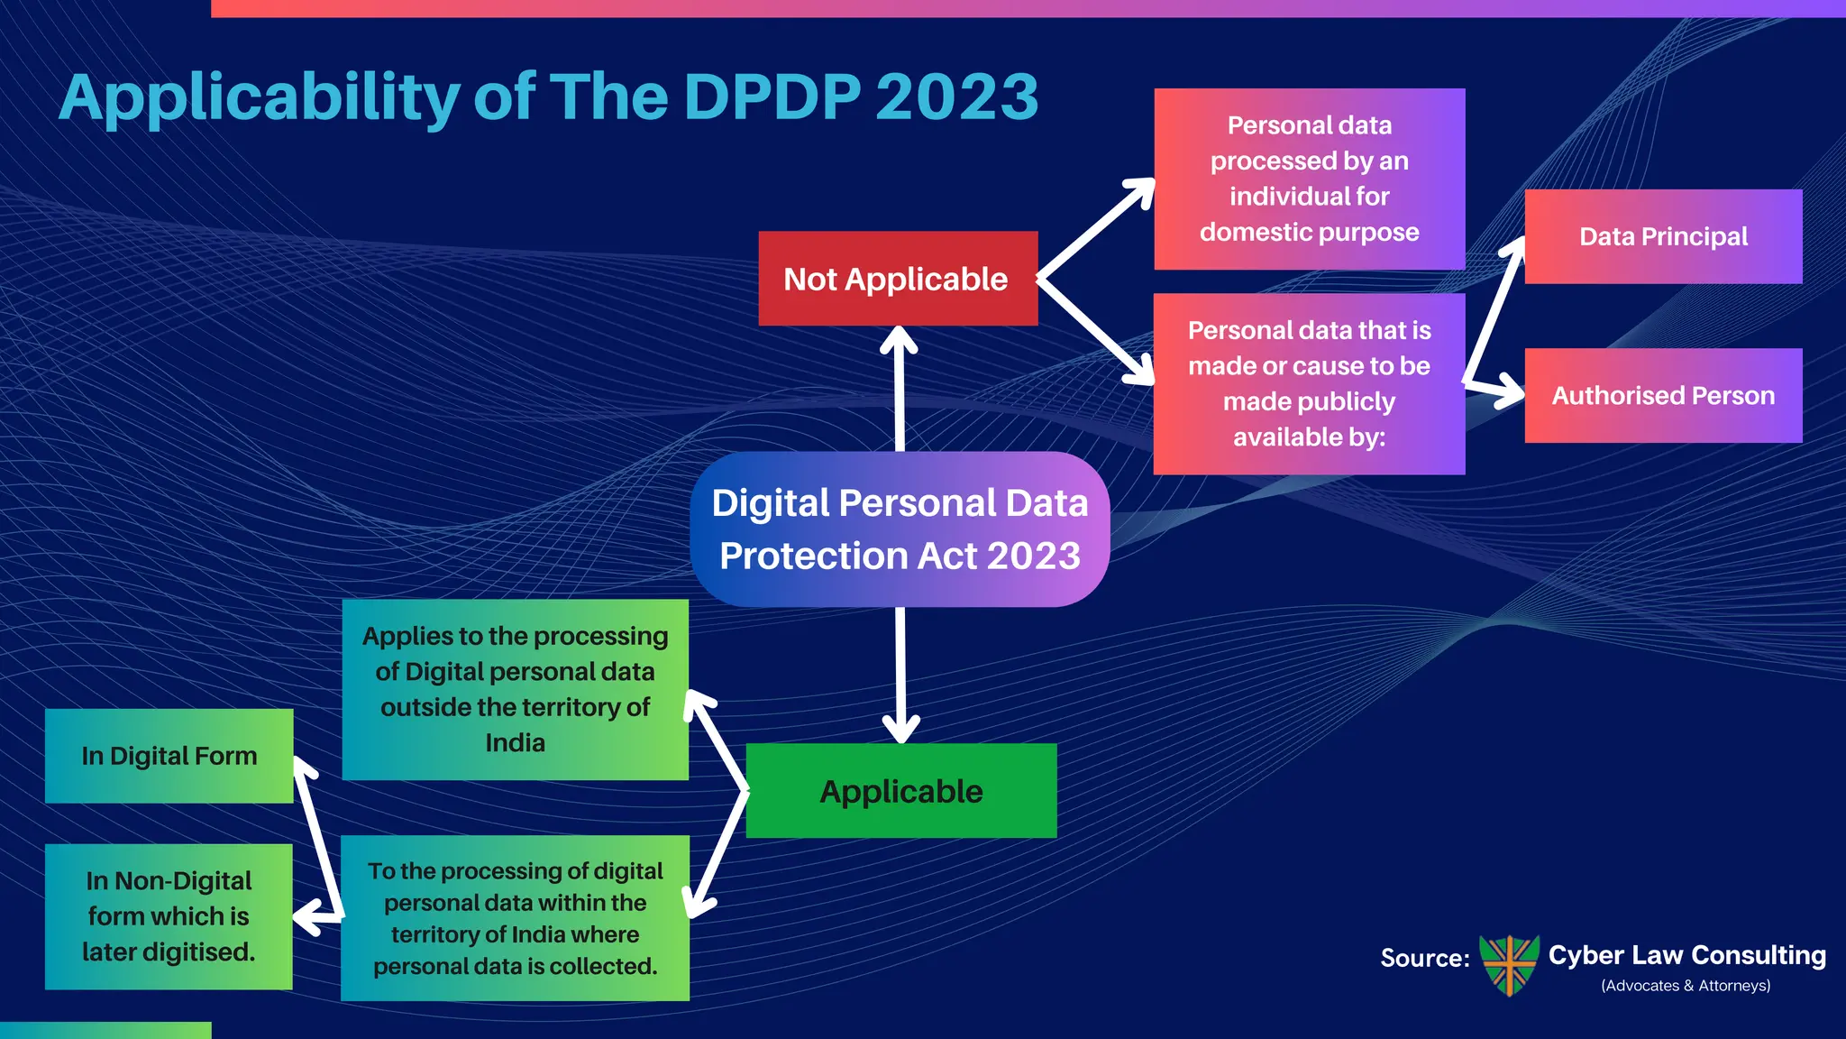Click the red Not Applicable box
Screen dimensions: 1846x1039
[x=898, y=279]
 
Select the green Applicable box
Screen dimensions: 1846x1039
[x=901, y=791]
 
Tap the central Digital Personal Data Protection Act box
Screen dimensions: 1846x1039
[x=900, y=529]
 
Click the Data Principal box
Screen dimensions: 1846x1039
[x=1663, y=236]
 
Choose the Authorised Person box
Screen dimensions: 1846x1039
[x=1663, y=395]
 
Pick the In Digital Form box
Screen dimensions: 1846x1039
[x=169, y=756]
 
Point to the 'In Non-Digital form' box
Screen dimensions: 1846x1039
[x=169, y=916]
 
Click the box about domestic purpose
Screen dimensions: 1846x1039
[x=1309, y=179]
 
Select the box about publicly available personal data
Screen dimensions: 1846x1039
[x=1309, y=383]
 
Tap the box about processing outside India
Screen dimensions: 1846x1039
[x=515, y=689]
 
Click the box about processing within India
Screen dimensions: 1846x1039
[x=515, y=918]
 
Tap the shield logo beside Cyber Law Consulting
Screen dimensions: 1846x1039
[x=1510, y=964]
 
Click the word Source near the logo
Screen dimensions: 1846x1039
[x=1424, y=958]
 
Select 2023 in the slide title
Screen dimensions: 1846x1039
[x=957, y=97]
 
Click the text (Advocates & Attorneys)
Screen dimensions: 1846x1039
[x=1686, y=986]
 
